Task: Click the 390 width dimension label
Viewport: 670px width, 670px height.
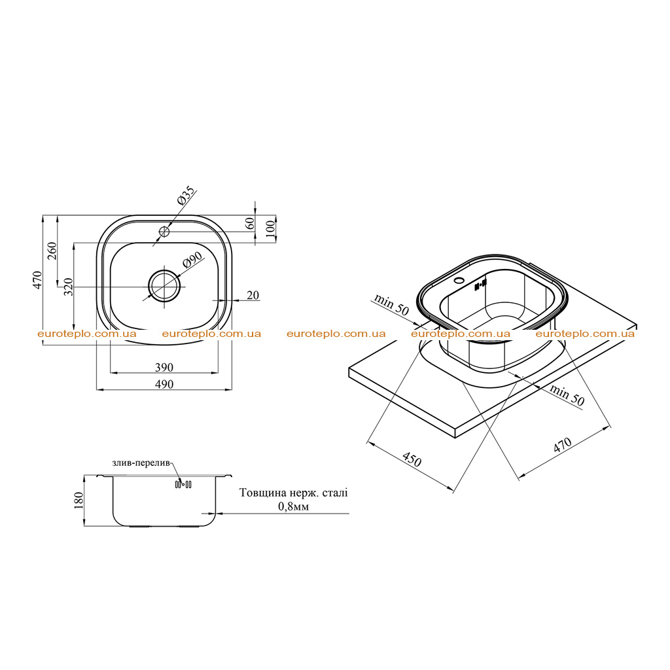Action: [164, 367]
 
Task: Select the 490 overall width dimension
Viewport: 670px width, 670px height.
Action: [164, 384]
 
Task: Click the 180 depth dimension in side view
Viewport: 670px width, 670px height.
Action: [79, 501]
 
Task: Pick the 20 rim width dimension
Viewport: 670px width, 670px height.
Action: [253, 295]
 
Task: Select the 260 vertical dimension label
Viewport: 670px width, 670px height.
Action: [52, 251]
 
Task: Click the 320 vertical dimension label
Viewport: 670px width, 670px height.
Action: [68, 287]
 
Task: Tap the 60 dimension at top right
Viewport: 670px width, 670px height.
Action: [250, 223]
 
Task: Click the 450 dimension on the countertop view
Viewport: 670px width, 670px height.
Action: [412, 459]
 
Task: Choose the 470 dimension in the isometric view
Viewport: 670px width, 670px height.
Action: [562, 444]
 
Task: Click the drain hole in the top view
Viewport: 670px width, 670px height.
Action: [164, 285]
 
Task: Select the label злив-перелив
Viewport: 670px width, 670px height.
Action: [141, 463]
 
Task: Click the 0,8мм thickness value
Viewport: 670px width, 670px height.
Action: [294, 506]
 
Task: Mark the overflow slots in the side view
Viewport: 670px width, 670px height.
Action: [183, 484]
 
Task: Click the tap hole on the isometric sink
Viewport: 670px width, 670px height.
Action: [460, 281]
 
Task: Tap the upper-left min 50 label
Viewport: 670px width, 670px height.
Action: [391, 304]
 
